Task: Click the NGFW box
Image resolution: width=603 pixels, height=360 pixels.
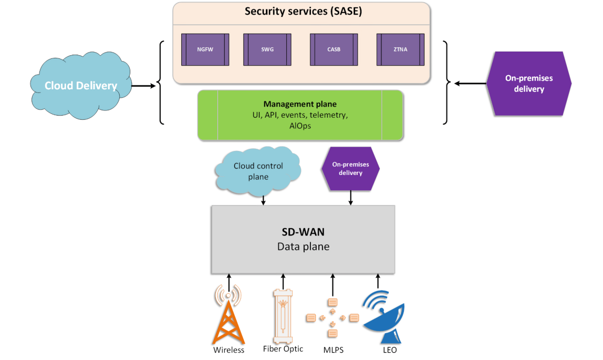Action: click(x=205, y=49)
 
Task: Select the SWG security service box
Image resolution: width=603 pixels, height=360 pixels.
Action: click(x=267, y=49)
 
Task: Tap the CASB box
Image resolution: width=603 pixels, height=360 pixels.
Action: click(x=334, y=49)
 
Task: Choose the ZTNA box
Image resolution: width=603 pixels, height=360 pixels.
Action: click(x=400, y=49)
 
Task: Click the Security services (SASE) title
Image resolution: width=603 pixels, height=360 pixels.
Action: click(x=303, y=11)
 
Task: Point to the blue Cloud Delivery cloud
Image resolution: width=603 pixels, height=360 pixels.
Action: click(x=81, y=85)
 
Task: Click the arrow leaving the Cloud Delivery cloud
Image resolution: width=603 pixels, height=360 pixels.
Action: click(x=143, y=86)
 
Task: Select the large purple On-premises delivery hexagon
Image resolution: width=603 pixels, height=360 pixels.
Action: click(x=529, y=84)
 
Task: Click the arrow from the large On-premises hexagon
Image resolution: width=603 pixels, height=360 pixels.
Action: click(x=470, y=84)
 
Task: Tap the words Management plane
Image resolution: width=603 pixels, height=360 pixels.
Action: click(x=300, y=104)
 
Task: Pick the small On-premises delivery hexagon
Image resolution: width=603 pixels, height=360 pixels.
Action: click(x=350, y=169)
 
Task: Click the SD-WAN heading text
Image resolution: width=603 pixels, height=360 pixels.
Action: click(x=303, y=232)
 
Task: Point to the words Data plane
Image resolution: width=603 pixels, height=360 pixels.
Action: click(x=303, y=246)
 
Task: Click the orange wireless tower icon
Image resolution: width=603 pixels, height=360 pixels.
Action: click(x=228, y=314)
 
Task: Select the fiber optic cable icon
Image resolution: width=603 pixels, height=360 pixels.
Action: click(x=283, y=316)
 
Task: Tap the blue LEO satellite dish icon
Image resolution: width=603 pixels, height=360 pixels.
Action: click(x=383, y=317)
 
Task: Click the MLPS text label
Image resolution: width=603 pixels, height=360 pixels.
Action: click(x=334, y=350)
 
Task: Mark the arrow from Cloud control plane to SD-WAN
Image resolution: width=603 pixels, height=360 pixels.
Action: click(x=264, y=200)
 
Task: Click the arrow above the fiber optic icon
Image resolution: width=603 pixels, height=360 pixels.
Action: click(x=284, y=282)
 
